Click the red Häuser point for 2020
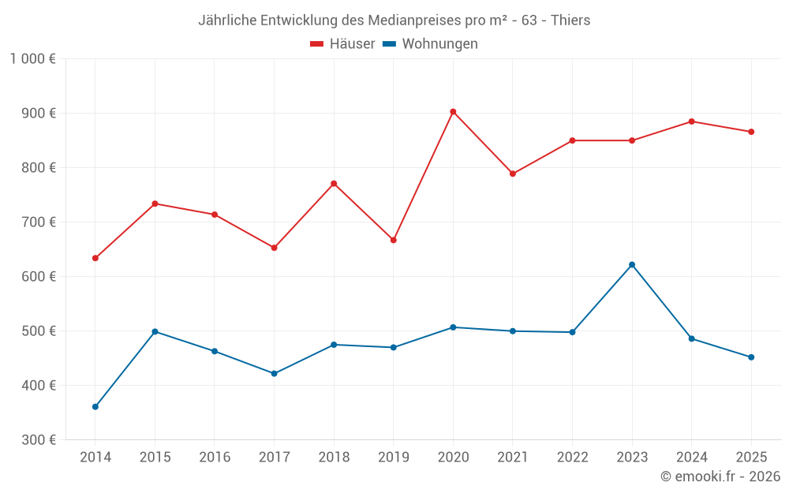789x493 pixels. [453, 112]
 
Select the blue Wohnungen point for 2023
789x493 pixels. [632, 265]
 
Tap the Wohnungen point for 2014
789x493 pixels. [95, 407]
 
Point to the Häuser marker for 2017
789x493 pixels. [275, 248]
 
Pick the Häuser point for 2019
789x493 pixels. [394, 240]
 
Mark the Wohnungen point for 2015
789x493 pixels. [155, 331]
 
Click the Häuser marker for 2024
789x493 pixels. [692, 121]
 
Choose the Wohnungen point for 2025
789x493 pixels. [751, 357]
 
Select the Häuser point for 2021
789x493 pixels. [513, 174]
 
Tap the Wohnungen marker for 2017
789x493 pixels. [275, 374]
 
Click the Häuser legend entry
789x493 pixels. [343, 44]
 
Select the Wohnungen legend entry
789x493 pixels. [431, 44]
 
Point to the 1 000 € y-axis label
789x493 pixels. [33, 58]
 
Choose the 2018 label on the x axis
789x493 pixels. [334, 458]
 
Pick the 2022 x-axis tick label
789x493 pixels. [572, 458]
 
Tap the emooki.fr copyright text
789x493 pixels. [720, 476]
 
